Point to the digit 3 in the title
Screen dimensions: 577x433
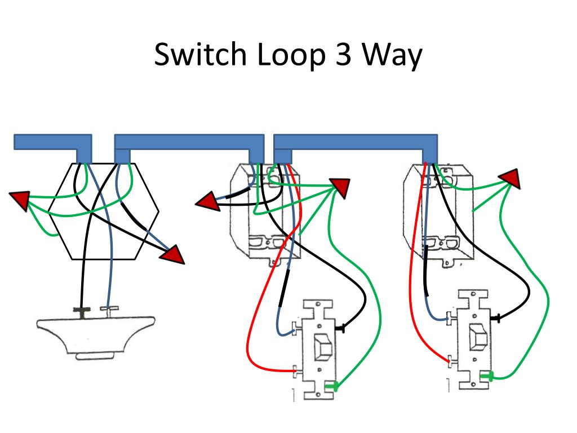[343, 55]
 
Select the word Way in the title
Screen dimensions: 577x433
[392, 56]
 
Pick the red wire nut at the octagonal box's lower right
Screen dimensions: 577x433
[172, 254]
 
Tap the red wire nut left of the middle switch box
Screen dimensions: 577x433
[208, 201]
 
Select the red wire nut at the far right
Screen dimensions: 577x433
[510, 179]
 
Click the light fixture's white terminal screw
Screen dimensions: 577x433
[109, 310]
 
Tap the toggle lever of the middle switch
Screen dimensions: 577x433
[323, 347]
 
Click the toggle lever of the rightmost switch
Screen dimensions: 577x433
[478, 336]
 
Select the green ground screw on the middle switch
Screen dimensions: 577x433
[332, 386]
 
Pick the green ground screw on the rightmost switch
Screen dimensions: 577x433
[487, 376]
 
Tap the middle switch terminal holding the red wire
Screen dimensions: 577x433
[298, 371]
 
